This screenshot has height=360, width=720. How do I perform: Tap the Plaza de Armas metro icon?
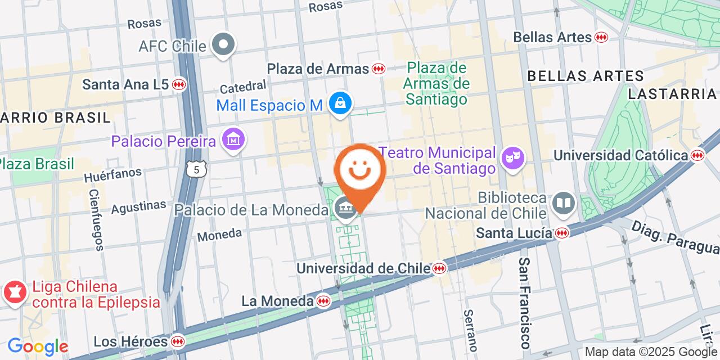pos(379,69)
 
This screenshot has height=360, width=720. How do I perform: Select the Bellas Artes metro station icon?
pos(601,37)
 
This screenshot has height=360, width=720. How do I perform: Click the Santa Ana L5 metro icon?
pos(179,84)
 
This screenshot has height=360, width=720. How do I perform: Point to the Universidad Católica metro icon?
pos(698,155)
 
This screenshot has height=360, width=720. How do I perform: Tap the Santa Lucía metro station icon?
pos(561,232)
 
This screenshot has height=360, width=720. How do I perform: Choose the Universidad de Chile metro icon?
pos(440,269)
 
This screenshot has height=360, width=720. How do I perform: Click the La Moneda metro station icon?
pos(323,301)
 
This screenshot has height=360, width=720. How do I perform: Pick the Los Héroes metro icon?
pos(177,341)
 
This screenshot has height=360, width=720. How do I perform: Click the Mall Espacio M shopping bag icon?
pos(340,103)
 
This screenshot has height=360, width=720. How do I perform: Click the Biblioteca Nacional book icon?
pos(564,203)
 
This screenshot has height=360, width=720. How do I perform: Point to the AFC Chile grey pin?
pos(223,44)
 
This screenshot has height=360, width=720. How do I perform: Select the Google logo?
pos(38,346)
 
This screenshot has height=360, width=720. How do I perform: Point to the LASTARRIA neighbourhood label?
pos(672,94)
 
